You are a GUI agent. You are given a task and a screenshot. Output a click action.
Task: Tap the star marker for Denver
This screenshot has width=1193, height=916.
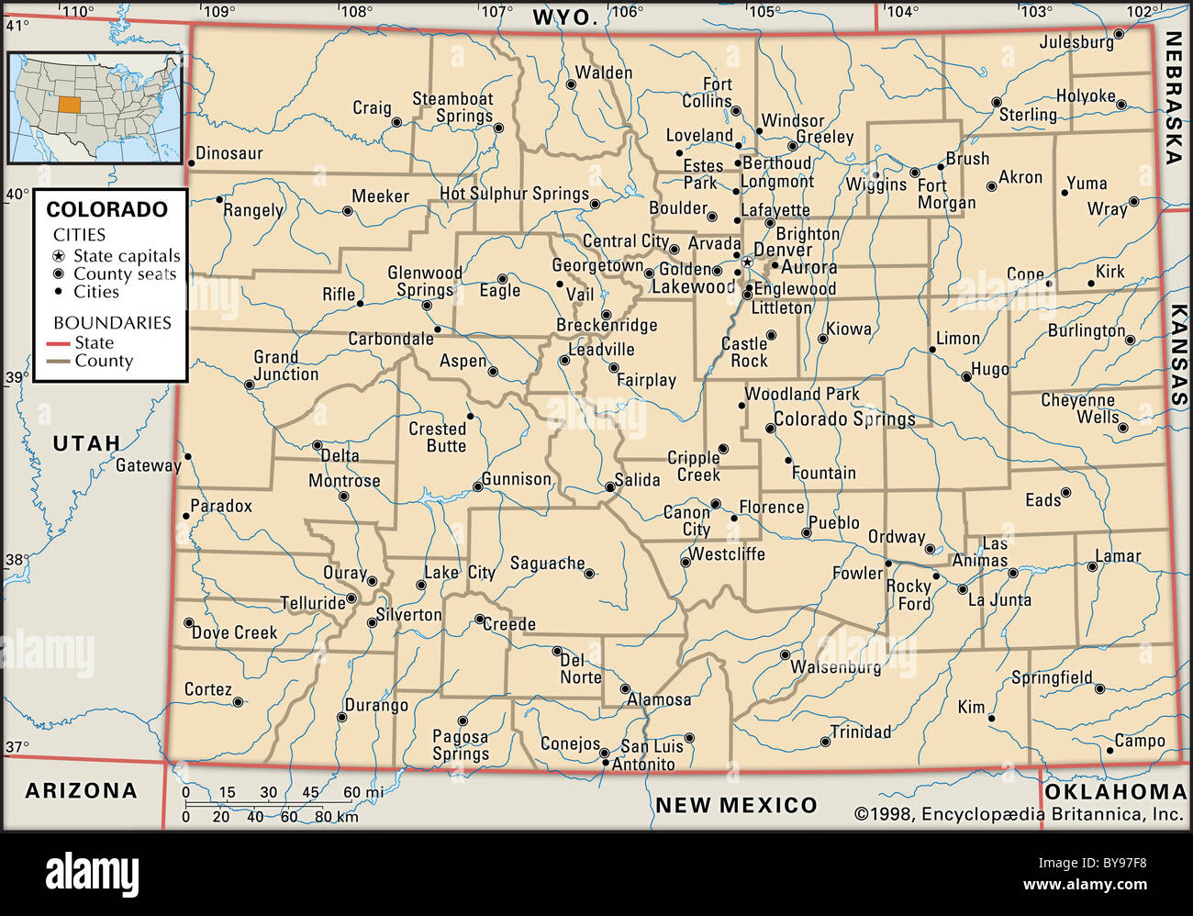point(747,263)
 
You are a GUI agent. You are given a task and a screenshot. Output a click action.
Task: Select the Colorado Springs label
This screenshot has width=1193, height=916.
point(844,419)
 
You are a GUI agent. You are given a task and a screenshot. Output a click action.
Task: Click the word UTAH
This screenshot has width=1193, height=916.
point(86,443)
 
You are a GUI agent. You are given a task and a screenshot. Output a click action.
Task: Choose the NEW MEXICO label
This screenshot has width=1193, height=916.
point(735,806)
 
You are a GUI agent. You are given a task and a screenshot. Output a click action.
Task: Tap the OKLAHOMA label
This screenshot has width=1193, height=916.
point(1115,791)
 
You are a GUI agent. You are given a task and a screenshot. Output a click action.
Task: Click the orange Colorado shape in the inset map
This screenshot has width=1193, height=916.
point(70,102)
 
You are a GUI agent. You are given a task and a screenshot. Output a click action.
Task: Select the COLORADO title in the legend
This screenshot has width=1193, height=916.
point(107,209)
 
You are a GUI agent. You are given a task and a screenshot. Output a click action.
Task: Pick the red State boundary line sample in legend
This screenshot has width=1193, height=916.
point(58,343)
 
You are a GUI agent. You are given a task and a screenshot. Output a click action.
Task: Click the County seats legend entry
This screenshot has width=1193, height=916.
point(124,274)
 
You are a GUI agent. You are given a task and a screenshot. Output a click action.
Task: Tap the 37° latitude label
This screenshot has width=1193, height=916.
point(17,747)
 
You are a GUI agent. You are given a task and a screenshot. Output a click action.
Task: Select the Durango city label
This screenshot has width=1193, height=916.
point(376,706)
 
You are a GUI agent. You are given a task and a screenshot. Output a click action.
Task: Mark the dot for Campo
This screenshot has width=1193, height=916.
point(1109,750)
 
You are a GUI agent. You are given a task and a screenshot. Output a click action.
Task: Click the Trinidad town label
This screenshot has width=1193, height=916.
point(860,732)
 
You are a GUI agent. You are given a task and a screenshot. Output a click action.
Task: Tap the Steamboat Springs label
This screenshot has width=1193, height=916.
point(452,107)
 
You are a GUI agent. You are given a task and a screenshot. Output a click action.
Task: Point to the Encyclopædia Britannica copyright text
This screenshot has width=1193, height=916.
point(1019,813)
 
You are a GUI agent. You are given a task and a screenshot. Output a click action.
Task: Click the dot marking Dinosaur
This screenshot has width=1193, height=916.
point(191,163)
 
